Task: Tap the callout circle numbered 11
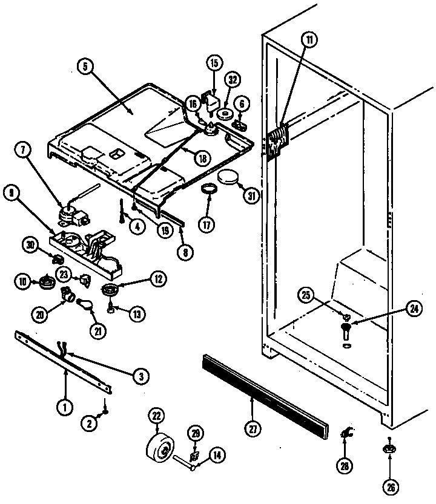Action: pos(309,42)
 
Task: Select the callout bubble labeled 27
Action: pos(252,428)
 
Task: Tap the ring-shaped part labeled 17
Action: pos(209,191)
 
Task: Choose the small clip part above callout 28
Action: pos(347,433)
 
